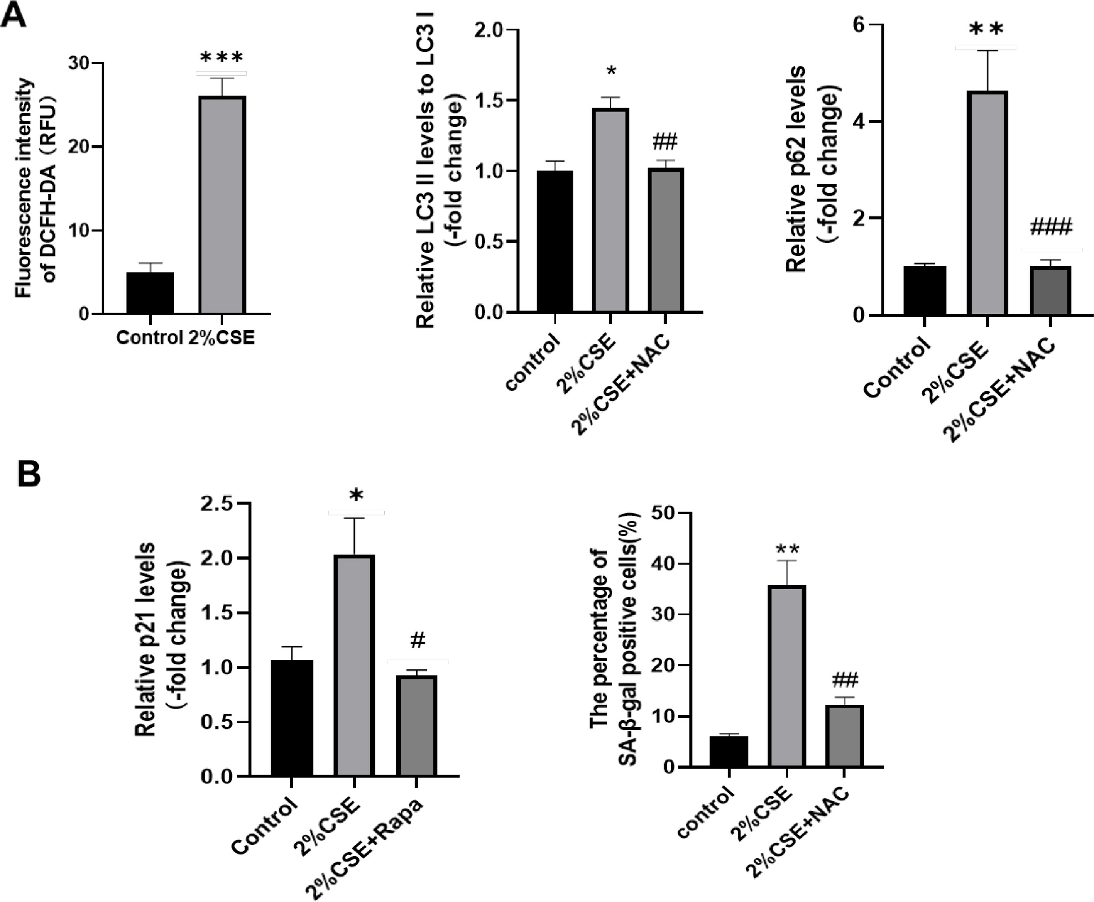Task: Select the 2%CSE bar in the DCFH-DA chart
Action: coord(223,205)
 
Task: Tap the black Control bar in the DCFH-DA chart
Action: coord(150,293)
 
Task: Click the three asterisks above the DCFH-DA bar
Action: coord(222,57)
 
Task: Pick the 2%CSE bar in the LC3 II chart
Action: coord(612,210)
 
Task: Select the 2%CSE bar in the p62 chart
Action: coord(987,202)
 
